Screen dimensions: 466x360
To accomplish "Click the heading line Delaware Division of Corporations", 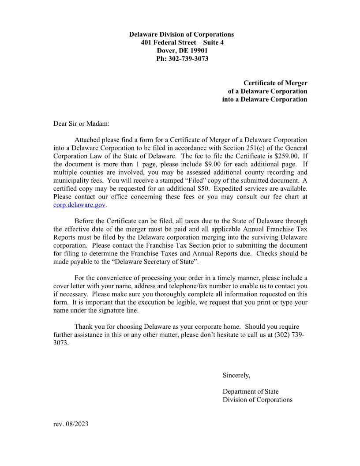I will [x=181, y=34].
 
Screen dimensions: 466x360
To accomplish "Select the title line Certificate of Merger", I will [x=275, y=83].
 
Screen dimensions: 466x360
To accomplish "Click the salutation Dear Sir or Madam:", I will [x=81, y=124].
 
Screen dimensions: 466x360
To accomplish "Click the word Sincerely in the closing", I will [x=236, y=376].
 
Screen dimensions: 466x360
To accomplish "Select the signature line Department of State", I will [x=251, y=391].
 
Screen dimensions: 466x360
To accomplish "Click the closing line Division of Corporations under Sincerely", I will [x=257, y=400].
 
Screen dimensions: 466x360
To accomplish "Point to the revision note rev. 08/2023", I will [x=71, y=424].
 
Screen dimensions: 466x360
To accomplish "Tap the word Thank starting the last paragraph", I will [x=84, y=327].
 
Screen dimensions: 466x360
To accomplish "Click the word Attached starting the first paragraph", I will [x=87, y=140].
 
